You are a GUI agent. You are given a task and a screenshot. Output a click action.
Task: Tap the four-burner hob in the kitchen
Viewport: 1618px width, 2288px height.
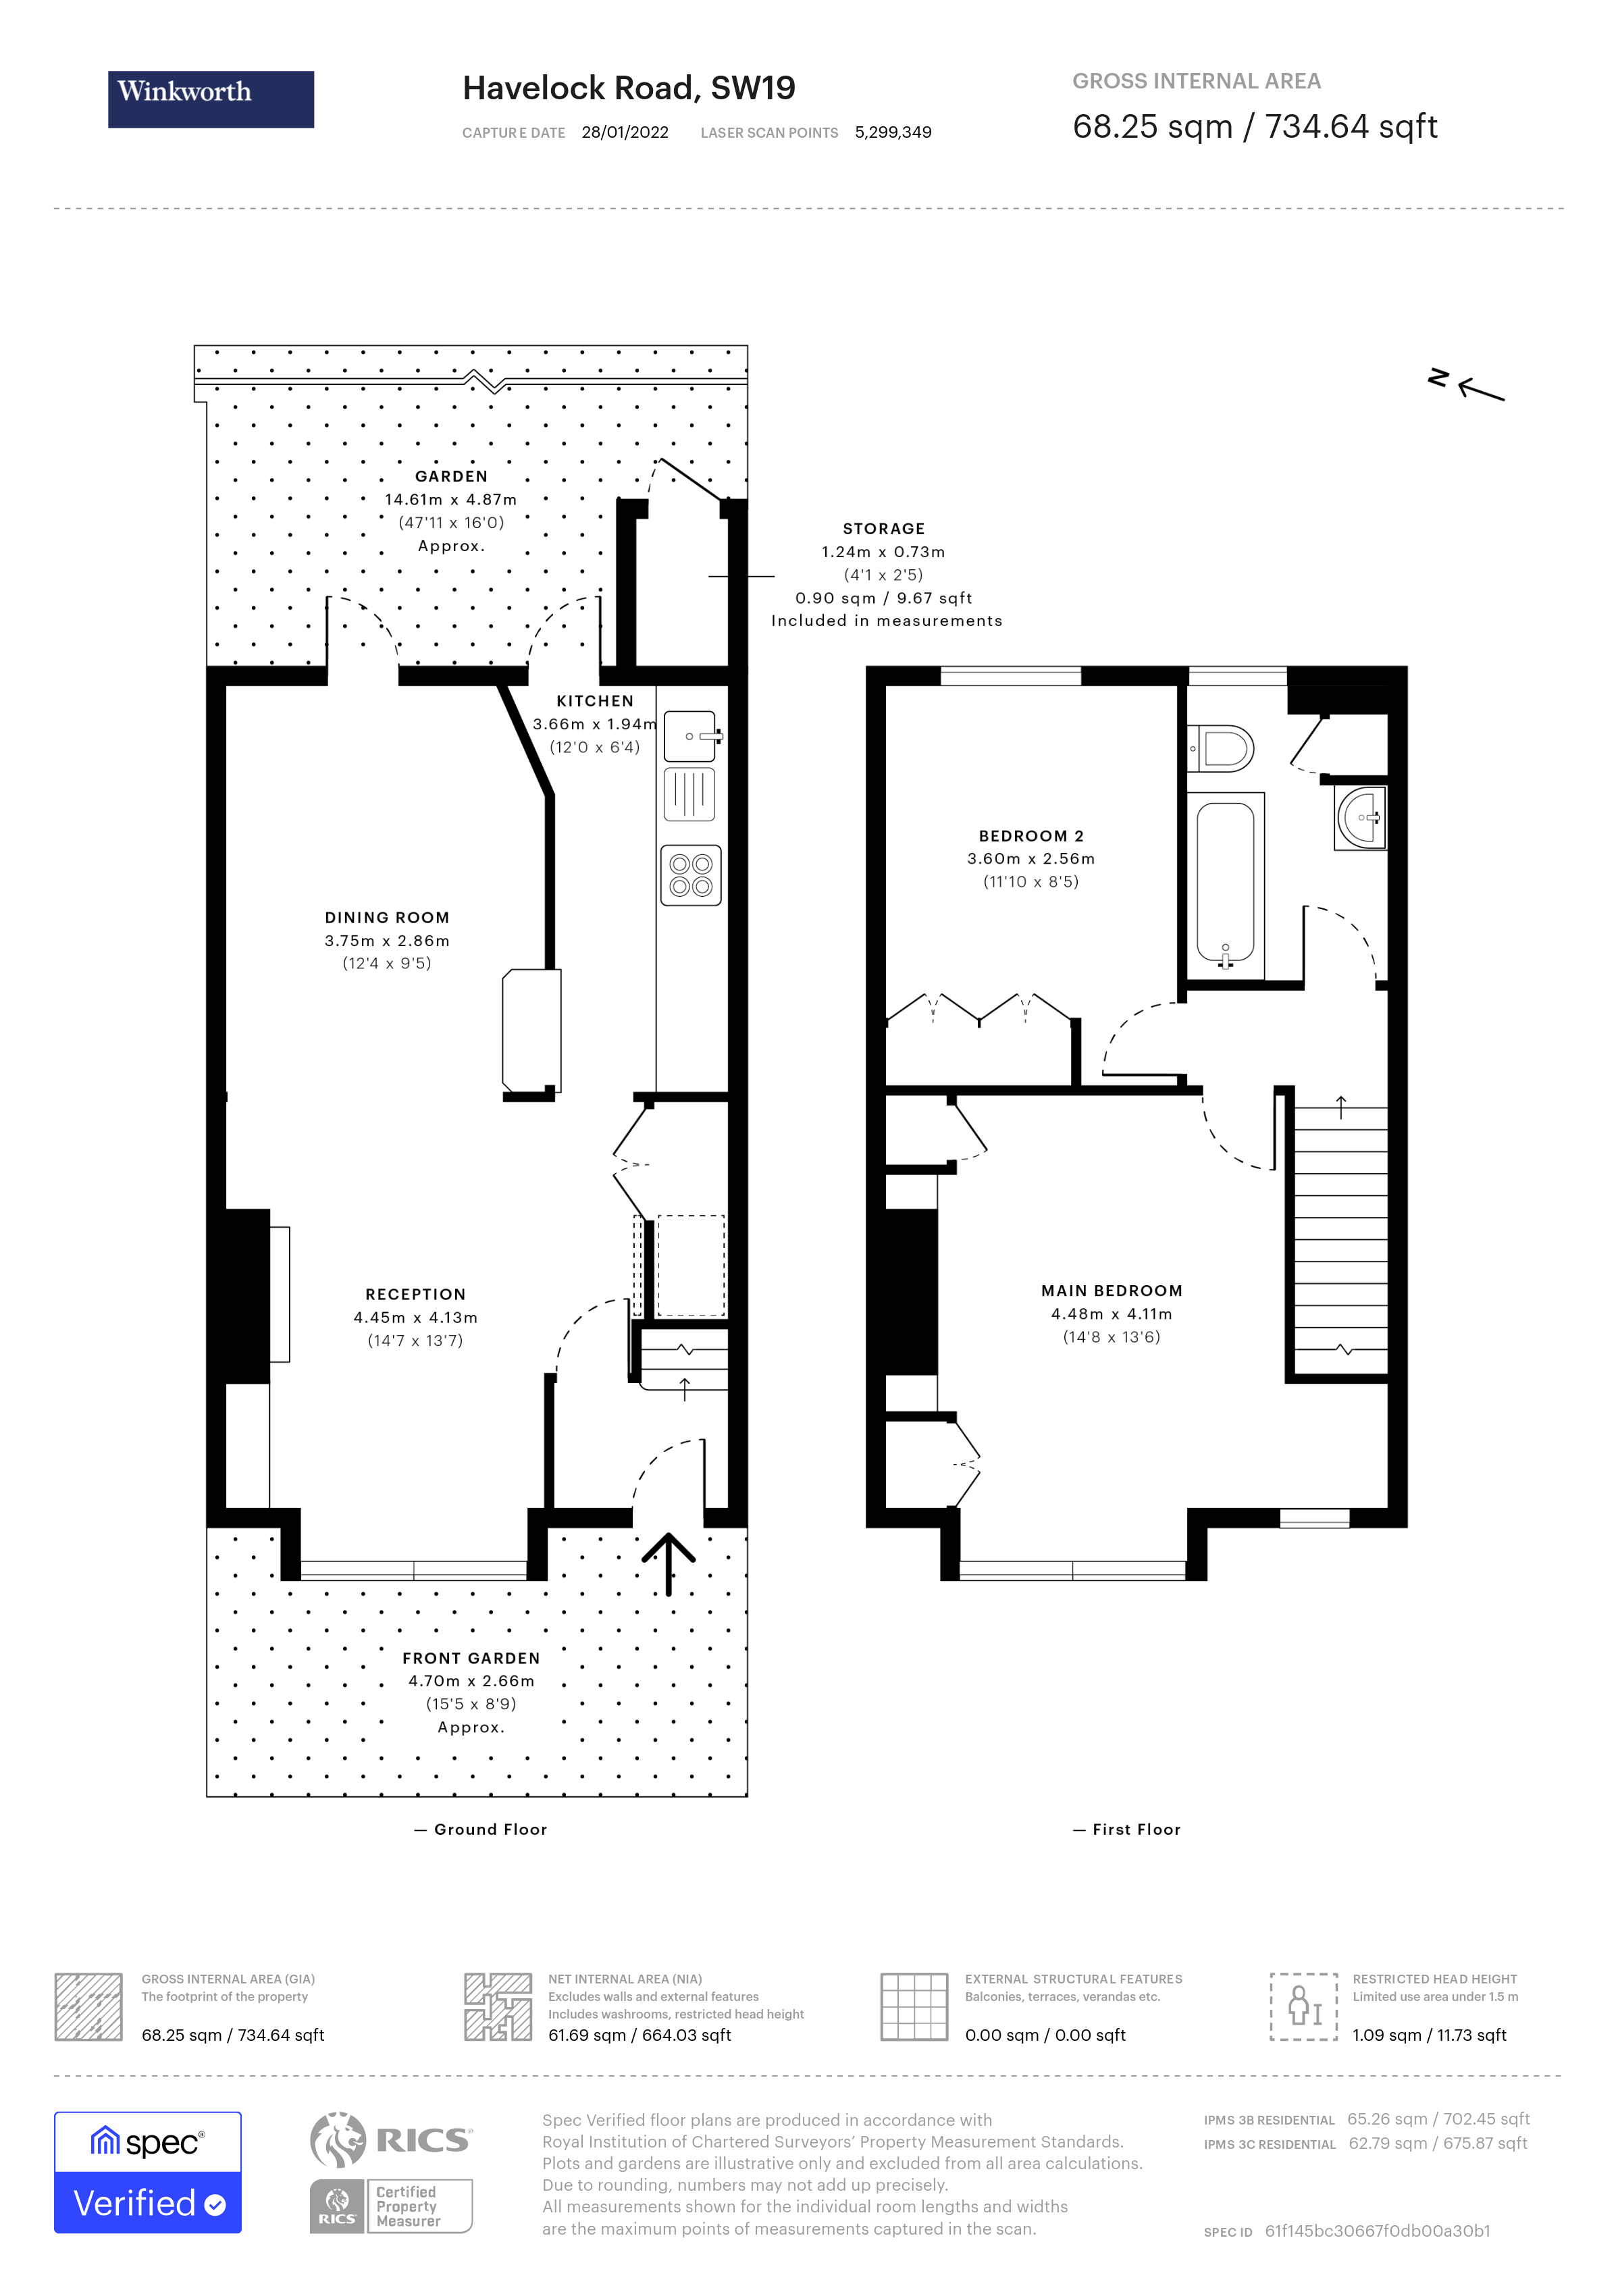click(690, 875)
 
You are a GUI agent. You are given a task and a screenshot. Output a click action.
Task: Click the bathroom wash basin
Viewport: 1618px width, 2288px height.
click(1361, 817)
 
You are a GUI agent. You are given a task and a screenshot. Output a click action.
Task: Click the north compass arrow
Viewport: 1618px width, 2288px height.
click(1480, 390)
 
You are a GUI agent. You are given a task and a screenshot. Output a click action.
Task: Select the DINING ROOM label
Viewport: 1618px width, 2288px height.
click(386, 918)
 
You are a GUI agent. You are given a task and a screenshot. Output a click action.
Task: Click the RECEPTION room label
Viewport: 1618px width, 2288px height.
click(415, 1295)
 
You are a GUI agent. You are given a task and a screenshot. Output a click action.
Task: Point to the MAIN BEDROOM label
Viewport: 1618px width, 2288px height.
click(1112, 1291)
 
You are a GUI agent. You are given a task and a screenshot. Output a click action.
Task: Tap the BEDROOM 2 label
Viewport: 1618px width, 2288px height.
click(1031, 836)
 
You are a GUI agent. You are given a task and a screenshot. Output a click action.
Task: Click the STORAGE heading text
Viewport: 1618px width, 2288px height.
click(884, 529)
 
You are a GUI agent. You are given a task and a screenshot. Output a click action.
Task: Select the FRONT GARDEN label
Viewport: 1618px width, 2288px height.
click(471, 1658)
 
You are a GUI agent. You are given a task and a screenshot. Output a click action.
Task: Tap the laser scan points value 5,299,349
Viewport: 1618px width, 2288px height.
click(893, 132)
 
